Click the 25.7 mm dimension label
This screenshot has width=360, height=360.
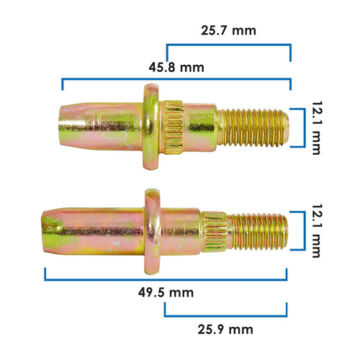pyautogui.click(x=228, y=31)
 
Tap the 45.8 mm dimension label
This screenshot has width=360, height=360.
pyautogui.click(x=176, y=68)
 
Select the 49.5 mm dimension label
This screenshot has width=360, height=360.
pyautogui.click(x=166, y=292)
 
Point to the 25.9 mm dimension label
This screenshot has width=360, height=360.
pyautogui.click(x=225, y=329)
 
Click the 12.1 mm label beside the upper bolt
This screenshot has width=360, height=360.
pyautogui.click(x=317, y=127)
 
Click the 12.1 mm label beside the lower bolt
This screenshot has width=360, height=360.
pyautogui.click(x=317, y=231)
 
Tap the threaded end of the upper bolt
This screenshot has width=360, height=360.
pyautogui.click(x=253, y=127)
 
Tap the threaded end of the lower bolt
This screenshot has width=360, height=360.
pyautogui.click(x=257, y=232)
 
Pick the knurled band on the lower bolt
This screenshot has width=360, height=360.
pyautogui.click(x=215, y=232)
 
